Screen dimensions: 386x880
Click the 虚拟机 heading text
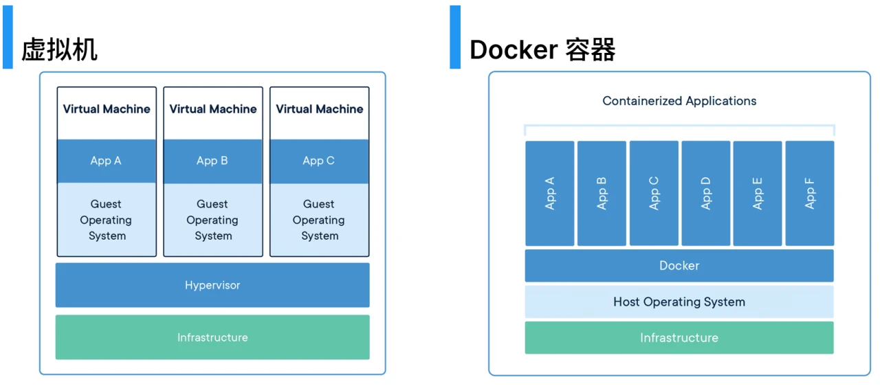click(x=60, y=49)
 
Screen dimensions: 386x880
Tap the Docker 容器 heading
click(x=542, y=49)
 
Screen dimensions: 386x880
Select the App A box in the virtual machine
click(x=107, y=161)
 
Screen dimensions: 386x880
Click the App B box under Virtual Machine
click(x=212, y=161)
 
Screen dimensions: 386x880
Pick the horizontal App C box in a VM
click(x=319, y=161)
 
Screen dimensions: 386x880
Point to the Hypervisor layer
click(x=212, y=285)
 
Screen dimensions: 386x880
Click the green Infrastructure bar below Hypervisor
click(x=212, y=337)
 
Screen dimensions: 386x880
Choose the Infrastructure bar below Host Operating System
click(x=679, y=338)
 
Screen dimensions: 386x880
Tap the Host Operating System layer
click(x=679, y=302)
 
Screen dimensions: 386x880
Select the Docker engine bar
click(x=679, y=266)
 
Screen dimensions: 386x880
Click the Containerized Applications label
click(x=679, y=101)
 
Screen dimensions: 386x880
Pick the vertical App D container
click(x=705, y=193)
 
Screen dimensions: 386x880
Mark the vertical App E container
click(x=758, y=193)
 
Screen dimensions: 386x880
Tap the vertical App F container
click(x=809, y=193)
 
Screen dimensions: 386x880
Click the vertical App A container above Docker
click(x=550, y=193)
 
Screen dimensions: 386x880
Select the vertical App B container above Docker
click(x=602, y=193)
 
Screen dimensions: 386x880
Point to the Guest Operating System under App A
click(x=107, y=220)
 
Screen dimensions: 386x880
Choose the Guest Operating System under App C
click(x=319, y=220)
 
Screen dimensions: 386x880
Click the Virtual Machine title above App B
click(x=213, y=109)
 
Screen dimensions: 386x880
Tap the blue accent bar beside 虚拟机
click(x=8, y=37)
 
